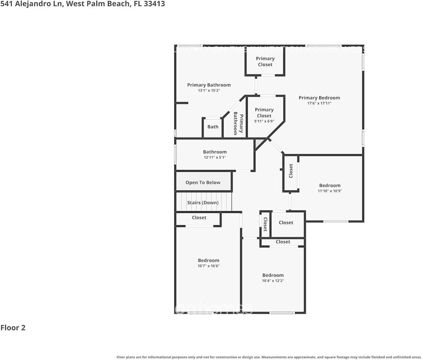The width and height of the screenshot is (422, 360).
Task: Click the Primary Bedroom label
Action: click(319, 98)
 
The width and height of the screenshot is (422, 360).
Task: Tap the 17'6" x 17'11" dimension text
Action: click(319, 103)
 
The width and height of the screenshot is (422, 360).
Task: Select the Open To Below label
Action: click(203, 183)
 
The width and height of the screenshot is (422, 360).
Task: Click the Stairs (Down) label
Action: click(203, 203)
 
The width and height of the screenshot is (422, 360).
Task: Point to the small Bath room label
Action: click(213, 127)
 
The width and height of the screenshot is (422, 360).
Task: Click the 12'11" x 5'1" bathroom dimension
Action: click(215, 157)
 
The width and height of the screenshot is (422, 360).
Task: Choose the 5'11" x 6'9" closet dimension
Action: click(264, 121)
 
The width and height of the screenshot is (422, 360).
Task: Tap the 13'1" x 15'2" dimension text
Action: click(209, 90)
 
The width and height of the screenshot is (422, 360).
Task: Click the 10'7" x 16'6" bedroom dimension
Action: click(208, 266)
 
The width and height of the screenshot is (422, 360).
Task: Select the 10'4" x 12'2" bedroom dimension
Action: click(273, 280)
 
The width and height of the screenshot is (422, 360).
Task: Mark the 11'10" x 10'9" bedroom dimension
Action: click(330, 191)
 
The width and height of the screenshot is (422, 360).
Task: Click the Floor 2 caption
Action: click(13, 328)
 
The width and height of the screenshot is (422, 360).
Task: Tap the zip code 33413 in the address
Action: click(154, 4)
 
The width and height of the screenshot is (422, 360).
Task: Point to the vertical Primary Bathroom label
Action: click(238, 124)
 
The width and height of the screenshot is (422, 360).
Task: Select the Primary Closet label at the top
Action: click(265, 61)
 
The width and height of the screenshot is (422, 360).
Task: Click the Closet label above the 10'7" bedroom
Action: click(199, 217)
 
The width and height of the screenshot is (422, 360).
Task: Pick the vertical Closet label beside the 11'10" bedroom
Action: click(291, 171)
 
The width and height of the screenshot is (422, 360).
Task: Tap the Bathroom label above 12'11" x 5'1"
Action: click(215, 152)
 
